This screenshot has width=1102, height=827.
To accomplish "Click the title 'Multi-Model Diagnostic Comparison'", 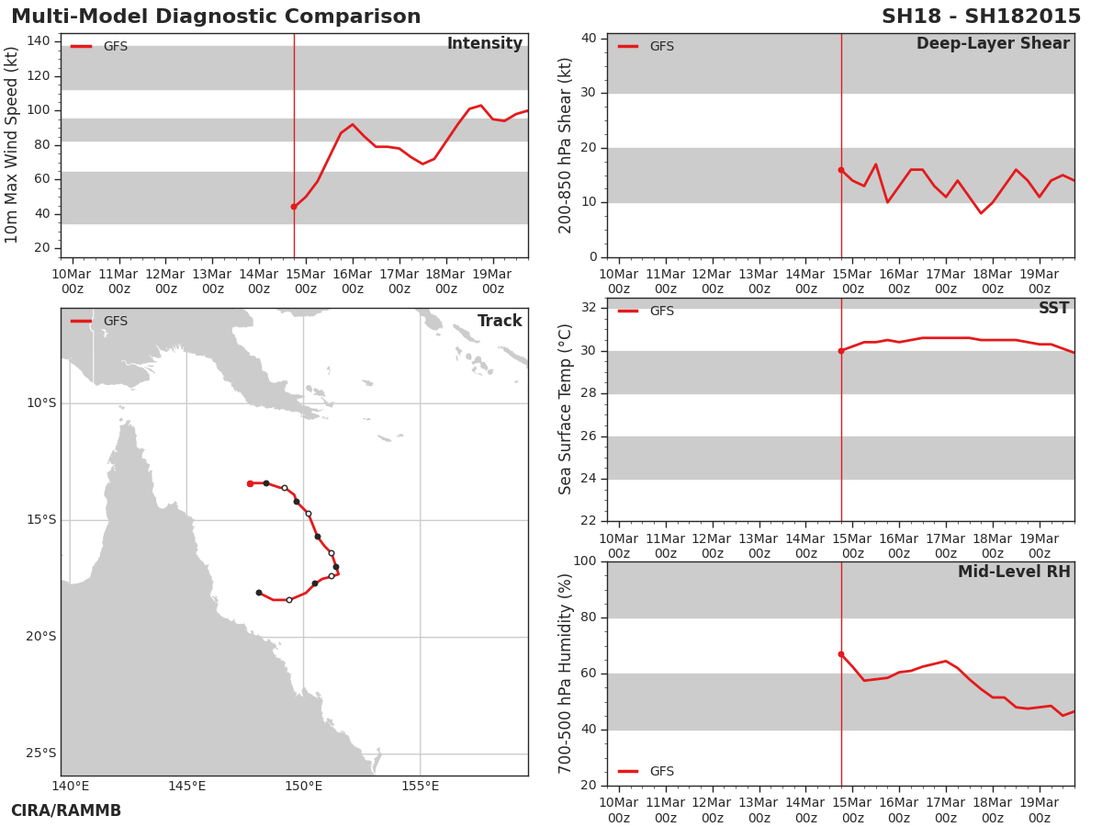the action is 216,17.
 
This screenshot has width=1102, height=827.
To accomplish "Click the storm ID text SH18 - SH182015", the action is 981,17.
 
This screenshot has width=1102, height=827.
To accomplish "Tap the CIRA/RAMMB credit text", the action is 66,810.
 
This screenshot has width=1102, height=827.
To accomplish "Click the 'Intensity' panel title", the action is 485,43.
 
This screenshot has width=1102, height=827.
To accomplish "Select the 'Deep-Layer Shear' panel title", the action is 993,44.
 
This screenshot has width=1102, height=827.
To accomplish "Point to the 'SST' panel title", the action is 1053,308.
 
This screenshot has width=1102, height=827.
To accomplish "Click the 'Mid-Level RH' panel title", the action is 1014,572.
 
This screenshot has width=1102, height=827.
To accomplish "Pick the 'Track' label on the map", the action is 499,321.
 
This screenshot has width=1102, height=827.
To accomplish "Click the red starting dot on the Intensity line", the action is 294,207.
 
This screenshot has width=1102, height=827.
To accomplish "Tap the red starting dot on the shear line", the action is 841,170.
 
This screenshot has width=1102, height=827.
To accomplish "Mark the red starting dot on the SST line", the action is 841,351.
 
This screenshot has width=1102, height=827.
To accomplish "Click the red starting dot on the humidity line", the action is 841,654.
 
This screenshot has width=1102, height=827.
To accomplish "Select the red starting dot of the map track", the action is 250,483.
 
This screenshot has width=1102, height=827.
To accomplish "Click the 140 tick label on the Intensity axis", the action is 39,41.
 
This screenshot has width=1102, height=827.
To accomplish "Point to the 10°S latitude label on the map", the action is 41,403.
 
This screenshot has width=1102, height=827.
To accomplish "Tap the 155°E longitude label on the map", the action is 420,787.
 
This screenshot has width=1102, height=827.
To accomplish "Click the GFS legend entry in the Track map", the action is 99,321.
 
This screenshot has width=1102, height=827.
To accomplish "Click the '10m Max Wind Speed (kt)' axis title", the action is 11,145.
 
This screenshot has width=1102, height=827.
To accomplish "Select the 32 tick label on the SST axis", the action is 588,307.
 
